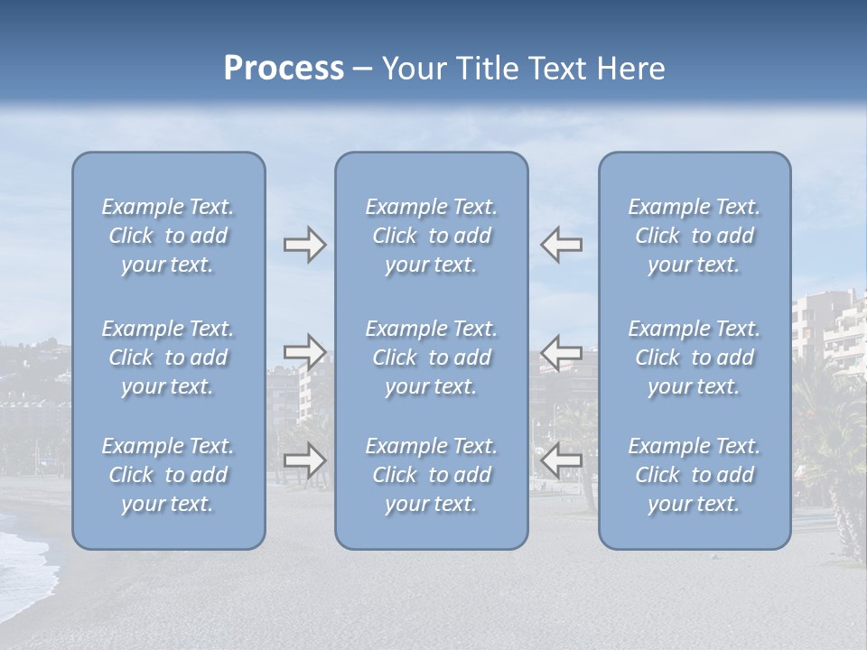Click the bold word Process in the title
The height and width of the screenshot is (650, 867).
pyautogui.click(x=284, y=69)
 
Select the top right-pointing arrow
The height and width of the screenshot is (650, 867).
pyautogui.click(x=304, y=245)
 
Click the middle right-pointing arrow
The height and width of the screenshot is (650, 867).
pyautogui.click(x=304, y=352)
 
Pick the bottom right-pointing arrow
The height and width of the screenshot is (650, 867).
pyautogui.click(x=304, y=460)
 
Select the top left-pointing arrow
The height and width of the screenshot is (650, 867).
pyautogui.click(x=561, y=245)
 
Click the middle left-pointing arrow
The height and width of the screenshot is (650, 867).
pyautogui.click(x=561, y=352)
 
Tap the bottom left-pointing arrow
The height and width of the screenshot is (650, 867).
pyautogui.click(x=561, y=460)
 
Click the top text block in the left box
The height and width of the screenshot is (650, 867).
pyautogui.click(x=168, y=236)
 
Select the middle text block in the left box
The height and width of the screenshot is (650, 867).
pyautogui.click(x=168, y=357)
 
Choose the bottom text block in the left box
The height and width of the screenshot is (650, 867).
pyautogui.click(x=168, y=475)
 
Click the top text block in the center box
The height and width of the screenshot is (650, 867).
pyautogui.click(x=431, y=236)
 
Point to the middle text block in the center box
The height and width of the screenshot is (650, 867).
pyautogui.click(x=431, y=357)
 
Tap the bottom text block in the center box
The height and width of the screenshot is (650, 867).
pyautogui.click(x=431, y=475)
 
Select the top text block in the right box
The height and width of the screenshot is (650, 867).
pyautogui.click(x=694, y=236)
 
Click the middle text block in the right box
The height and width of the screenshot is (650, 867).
pyautogui.click(x=694, y=357)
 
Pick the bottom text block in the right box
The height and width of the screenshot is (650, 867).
pyautogui.click(x=694, y=475)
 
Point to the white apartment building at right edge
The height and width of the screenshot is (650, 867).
pyautogui.click(x=827, y=330)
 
